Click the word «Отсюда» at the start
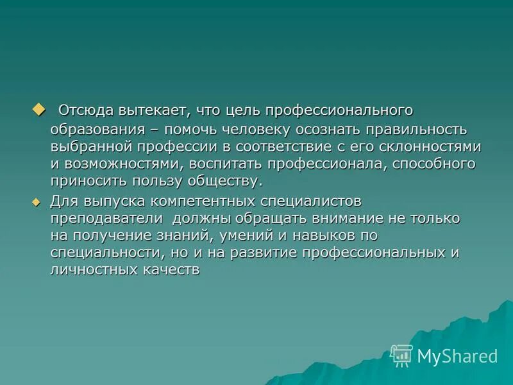(81, 111)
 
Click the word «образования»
(97, 129)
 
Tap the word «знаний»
(205, 235)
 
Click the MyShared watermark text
(457, 356)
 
